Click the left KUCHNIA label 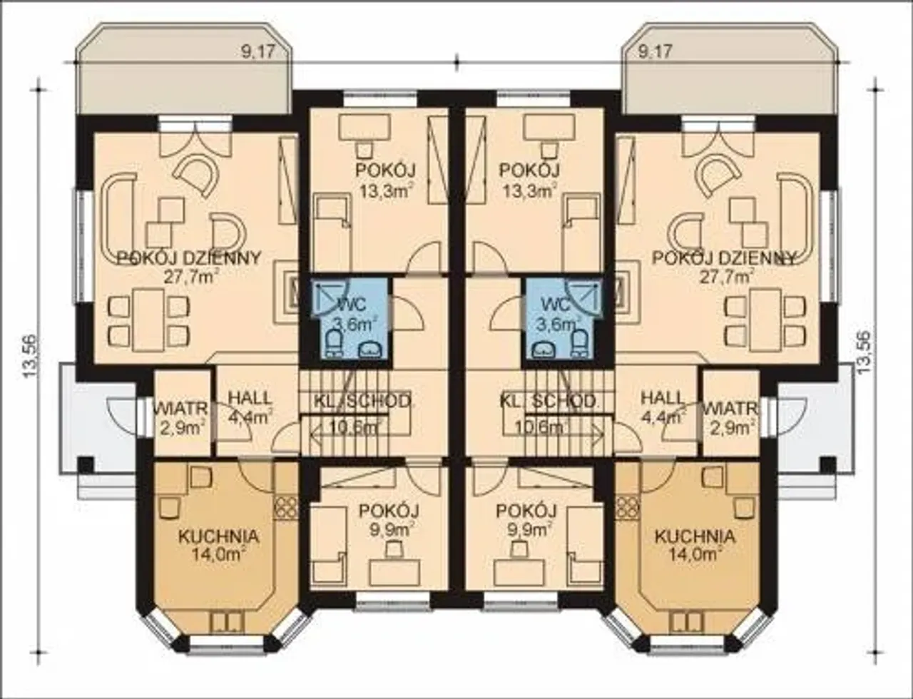(218, 536)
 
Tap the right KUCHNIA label (695, 536)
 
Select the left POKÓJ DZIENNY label (189, 257)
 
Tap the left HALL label (250, 398)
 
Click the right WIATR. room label (731, 408)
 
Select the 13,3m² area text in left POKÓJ (385, 190)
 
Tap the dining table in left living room (148, 320)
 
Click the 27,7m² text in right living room (725, 277)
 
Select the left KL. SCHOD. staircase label (362, 401)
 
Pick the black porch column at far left (86, 464)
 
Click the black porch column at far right (828, 464)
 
